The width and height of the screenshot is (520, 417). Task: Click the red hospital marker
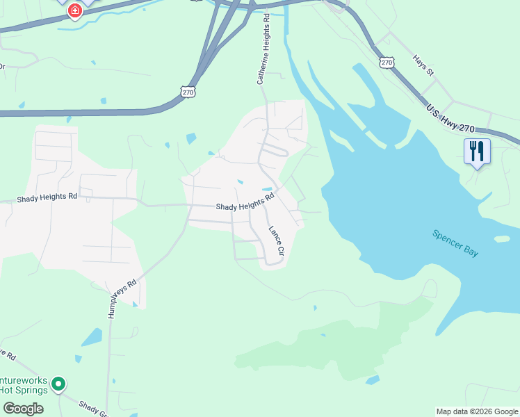[x=74, y=10]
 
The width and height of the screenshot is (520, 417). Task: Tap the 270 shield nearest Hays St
[x=387, y=63]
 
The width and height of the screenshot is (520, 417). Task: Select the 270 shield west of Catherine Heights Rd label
[x=188, y=91]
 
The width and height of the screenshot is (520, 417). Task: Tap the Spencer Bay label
[x=455, y=244]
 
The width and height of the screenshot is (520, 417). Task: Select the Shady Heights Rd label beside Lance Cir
[x=245, y=202]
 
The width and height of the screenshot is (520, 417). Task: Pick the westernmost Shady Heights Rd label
[x=49, y=197]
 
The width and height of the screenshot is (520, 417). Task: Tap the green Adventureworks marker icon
[x=59, y=384]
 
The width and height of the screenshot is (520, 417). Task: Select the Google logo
[x=23, y=408]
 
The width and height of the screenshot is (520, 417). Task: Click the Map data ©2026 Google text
[x=476, y=411]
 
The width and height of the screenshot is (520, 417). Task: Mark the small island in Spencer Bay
[x=502, y=239]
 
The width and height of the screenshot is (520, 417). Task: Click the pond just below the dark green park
[x=373, y=380]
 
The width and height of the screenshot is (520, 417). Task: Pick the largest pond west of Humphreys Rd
[x=91, y=338]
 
